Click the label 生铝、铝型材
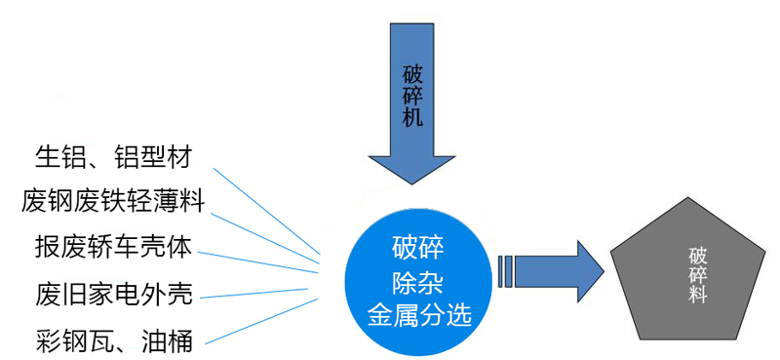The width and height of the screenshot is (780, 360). click(113, 157)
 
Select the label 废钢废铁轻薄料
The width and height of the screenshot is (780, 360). click(113, 202)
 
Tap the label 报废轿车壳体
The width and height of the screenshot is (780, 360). click(113, 246)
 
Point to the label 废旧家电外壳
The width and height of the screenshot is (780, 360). click(113, 293)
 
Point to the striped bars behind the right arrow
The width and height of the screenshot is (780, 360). click(504, 270)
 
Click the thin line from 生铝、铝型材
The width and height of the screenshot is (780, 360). click(268, 215)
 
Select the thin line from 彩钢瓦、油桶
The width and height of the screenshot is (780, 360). click(263, 321)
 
